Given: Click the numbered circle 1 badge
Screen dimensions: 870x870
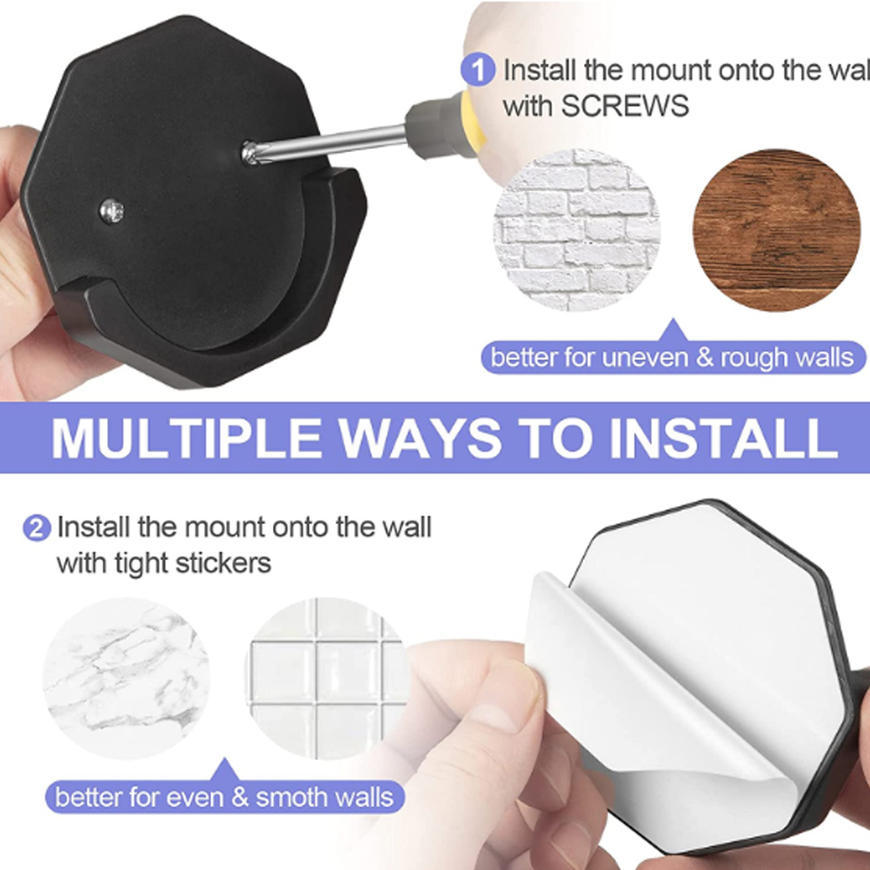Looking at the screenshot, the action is (478, 70).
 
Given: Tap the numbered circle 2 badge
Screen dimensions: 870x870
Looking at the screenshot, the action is (37, 528).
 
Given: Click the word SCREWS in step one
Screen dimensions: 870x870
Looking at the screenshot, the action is (625, 105).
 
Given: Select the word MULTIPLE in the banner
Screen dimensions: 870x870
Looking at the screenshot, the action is (186, 438).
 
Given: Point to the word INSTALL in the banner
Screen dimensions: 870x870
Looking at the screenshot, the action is (723, 438).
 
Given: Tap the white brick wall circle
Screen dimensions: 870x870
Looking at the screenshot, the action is (576, 229).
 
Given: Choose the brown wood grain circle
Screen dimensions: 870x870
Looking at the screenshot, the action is (777, 229).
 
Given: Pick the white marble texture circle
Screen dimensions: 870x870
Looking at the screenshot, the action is (126, 679).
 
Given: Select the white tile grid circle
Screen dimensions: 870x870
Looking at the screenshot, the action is (328, 679).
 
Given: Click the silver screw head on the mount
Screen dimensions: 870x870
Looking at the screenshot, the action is (111, 211).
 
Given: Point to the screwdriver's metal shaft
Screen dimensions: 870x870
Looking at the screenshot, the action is (328, 143).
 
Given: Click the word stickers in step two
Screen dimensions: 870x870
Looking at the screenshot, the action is (223, 563).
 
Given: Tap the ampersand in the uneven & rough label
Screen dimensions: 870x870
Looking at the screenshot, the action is (704, 357).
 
